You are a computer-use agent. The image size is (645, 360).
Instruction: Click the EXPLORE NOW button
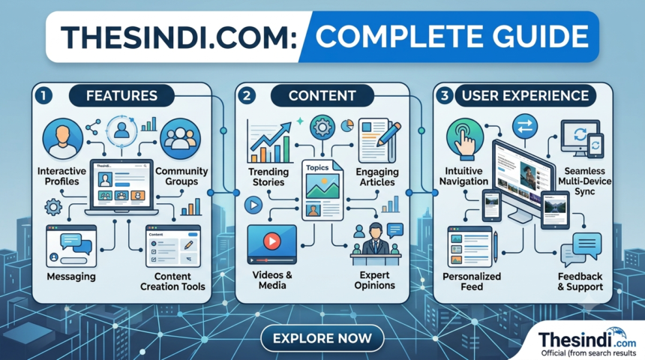(322, 338)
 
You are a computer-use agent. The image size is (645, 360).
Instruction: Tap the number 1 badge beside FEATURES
(43, 95)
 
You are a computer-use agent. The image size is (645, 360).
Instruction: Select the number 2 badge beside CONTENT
(247, 95)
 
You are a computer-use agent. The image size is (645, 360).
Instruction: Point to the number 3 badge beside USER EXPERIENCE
(444, 95)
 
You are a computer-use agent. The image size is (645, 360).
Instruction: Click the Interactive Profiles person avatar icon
(62, 139)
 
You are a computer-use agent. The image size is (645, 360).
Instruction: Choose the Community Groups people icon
(180, 139)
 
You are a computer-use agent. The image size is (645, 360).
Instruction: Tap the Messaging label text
(71, 277)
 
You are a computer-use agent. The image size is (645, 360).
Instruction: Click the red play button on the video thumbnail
(271, 240)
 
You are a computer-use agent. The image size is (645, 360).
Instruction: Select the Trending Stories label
(268, 177)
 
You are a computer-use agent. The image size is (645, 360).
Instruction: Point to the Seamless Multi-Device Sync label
(584, 181)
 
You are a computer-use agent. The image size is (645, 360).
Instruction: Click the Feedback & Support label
(580, 281)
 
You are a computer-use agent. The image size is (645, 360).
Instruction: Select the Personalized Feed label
(472, 281)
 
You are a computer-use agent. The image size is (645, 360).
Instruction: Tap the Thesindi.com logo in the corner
(587, 340)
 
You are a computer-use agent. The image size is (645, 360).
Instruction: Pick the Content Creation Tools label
(172, 281)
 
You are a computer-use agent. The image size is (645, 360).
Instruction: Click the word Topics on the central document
(317, 167)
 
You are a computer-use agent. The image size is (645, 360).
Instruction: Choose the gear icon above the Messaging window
(53, 207)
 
